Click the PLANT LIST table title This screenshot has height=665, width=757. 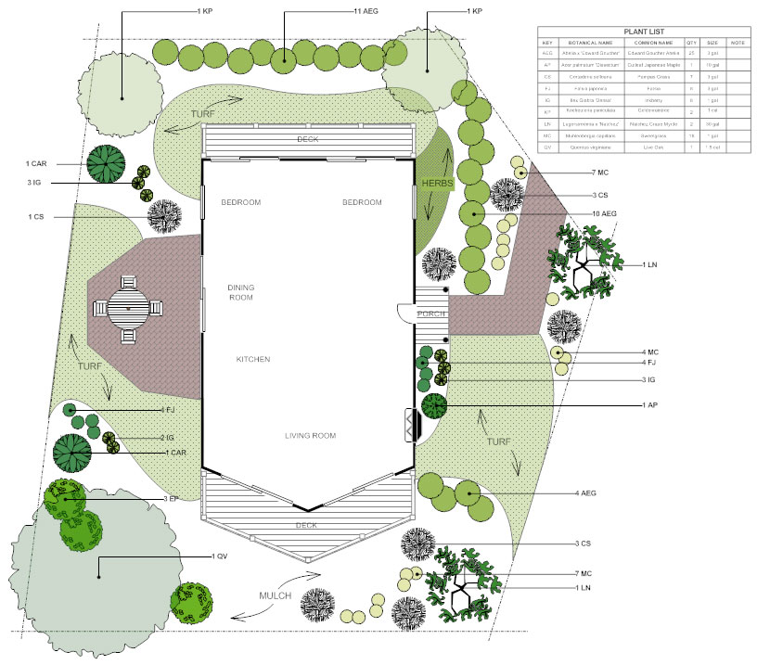click(x=644, y=32)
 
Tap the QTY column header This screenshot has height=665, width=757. click(x=691, y=43)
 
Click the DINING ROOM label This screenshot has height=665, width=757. click(x=240, y=293)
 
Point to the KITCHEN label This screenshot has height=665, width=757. click(x=252, y=359)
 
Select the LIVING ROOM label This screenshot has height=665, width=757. click(x=310, y=435)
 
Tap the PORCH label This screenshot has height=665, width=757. click(x=431, y=313)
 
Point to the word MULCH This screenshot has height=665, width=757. click(x=276, y=595)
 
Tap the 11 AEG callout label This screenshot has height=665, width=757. click(x=365, y=11)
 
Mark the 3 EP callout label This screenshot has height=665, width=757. click(x=170, y=499)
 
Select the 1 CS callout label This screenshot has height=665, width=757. click(x=34, y=217)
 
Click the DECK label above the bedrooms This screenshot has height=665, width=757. click(x=308, y=139)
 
